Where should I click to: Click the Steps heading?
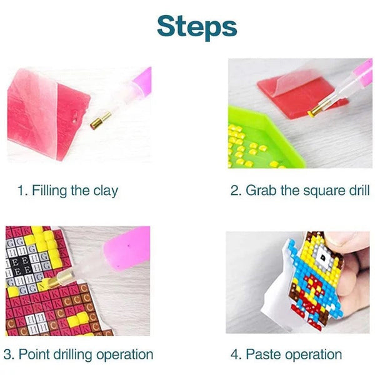pos(197,27)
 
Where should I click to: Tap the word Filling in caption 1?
pos(49,191)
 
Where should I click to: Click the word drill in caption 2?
pos(356,190)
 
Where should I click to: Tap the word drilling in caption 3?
pos(72,355)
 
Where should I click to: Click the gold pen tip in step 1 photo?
pos(101,121)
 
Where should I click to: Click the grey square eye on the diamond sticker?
pos(322,256)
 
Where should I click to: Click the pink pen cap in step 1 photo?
pos(142,81)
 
